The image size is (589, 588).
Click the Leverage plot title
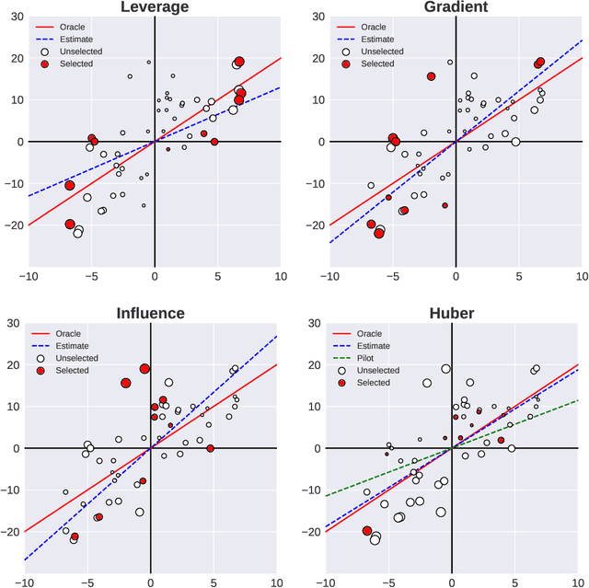pos(154,7)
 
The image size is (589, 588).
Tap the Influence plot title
pos(150,313)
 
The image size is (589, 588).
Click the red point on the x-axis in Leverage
pos(214,142)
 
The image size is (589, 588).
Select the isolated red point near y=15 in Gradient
pos(431,76)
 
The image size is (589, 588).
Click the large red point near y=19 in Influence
pos(144,369)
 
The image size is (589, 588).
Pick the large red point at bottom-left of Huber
pos(368,531)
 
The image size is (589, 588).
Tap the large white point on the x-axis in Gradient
pos(515,142)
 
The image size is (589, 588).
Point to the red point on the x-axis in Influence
pos(211,448)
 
